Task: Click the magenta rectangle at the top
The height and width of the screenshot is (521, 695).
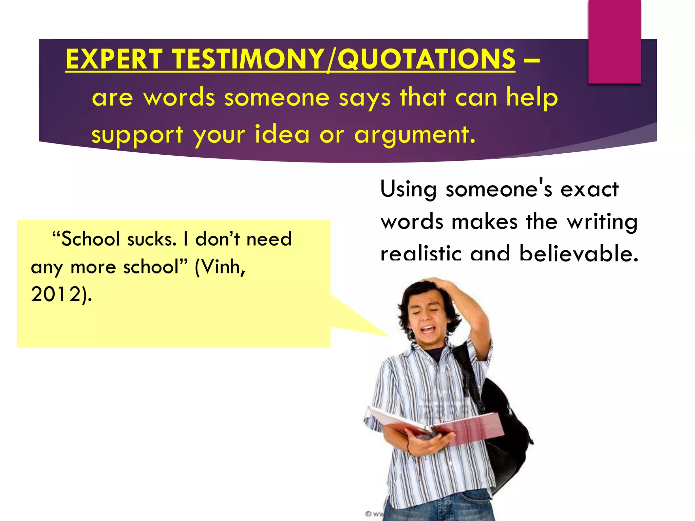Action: pyautogui.click(x=614, y=41)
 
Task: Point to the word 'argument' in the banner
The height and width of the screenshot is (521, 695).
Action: pyautogui.click(x=414, y=135)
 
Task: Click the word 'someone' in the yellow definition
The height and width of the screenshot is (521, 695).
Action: pyautogui.click(x=277, y=98)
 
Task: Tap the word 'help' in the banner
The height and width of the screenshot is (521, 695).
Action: pyautogui.click(x=532, y=98)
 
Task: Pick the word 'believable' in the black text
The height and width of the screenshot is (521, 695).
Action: pyautogui.click(x=578, y=254)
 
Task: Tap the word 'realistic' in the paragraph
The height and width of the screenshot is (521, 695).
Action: pyautogui.click(x=421, y=254)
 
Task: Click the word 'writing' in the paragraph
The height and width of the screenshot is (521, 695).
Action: pyautogui.click(x=602, y=222)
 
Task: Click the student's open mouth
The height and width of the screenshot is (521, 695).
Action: pyautogui.click(x=428, y=329)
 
